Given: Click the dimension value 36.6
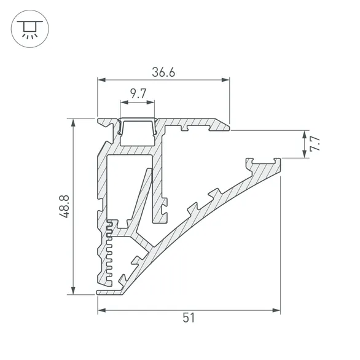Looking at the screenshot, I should click(x=163, y=72).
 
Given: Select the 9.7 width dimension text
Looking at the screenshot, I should click(x=138, y=94).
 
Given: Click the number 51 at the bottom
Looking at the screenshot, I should click(x=189, y=318).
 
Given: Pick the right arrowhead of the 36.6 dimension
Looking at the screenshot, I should click(x=225, y=80).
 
